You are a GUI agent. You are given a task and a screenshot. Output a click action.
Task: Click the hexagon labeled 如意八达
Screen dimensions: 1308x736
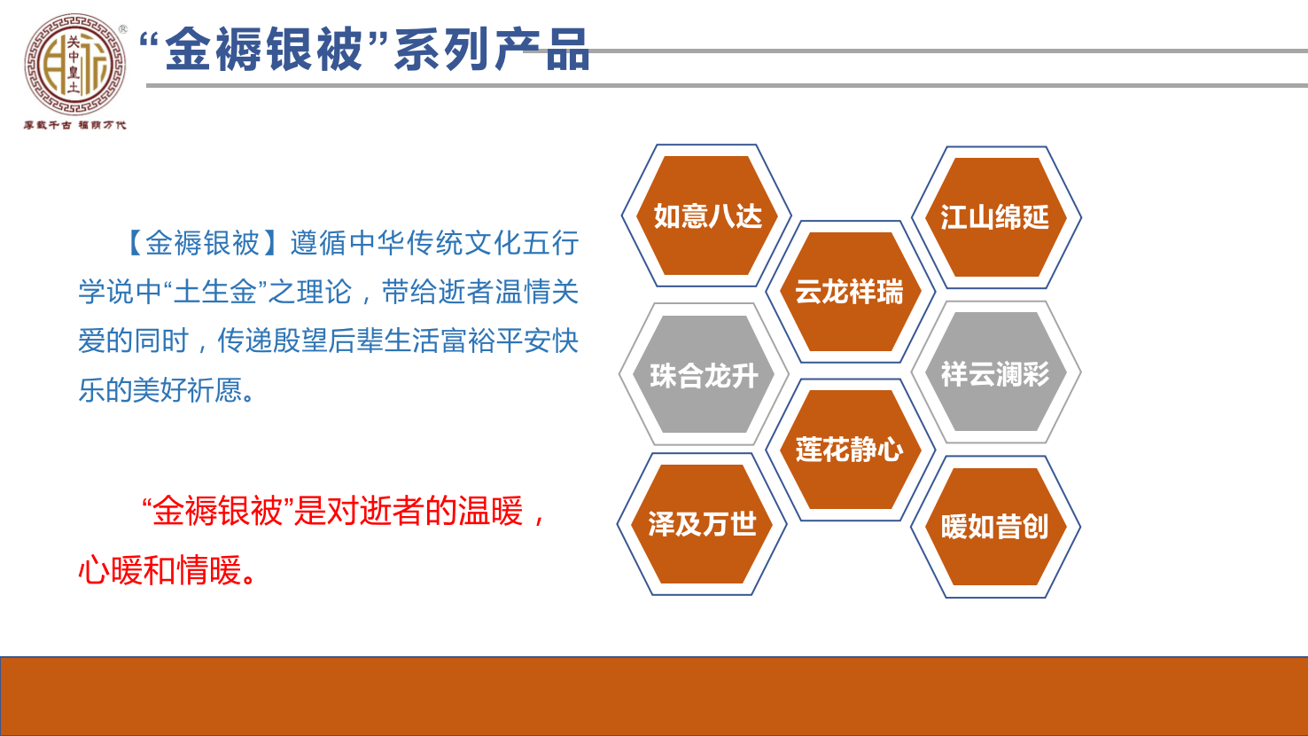[706, 215]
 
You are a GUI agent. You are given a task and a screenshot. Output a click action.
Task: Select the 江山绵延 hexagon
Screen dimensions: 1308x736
[996, 217]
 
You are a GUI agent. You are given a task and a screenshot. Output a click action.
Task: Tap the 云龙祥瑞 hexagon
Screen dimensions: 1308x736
[850, 292]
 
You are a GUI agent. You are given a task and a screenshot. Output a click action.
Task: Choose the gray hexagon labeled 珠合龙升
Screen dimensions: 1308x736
[705, 374]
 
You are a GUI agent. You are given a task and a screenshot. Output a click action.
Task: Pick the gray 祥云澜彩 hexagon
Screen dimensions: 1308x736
[996, 372]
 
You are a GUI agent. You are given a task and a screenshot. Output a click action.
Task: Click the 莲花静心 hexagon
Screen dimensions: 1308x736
[850, 450]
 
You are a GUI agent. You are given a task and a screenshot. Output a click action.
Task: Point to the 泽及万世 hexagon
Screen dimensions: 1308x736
[702, 524]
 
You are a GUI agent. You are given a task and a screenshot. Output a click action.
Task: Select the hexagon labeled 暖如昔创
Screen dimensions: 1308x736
[996, 527]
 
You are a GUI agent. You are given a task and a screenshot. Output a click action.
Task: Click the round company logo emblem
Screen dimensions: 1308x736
[74, 64]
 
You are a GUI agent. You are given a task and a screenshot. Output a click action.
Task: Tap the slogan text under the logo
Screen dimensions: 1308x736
[74, 125]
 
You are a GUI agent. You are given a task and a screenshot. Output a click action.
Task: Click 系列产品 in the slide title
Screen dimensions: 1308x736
[492, 51]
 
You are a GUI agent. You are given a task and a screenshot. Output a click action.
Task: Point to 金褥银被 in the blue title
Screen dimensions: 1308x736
[264, 51]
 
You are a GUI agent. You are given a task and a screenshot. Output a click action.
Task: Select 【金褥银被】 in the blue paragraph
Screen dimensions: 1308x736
[202, 243]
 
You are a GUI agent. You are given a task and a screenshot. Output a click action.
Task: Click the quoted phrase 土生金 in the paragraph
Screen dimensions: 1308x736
[214, 292]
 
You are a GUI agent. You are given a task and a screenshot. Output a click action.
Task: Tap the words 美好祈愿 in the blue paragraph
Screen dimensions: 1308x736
[187, 389]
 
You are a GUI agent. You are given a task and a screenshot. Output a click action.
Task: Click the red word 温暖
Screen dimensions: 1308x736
[491, 511]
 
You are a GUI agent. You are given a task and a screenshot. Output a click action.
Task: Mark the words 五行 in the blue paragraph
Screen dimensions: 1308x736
[550, 243]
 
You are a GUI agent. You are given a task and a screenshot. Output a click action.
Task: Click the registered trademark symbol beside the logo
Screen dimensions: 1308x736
[122, 28]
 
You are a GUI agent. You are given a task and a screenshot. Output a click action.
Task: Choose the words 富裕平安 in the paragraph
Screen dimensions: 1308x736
[495, 341]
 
